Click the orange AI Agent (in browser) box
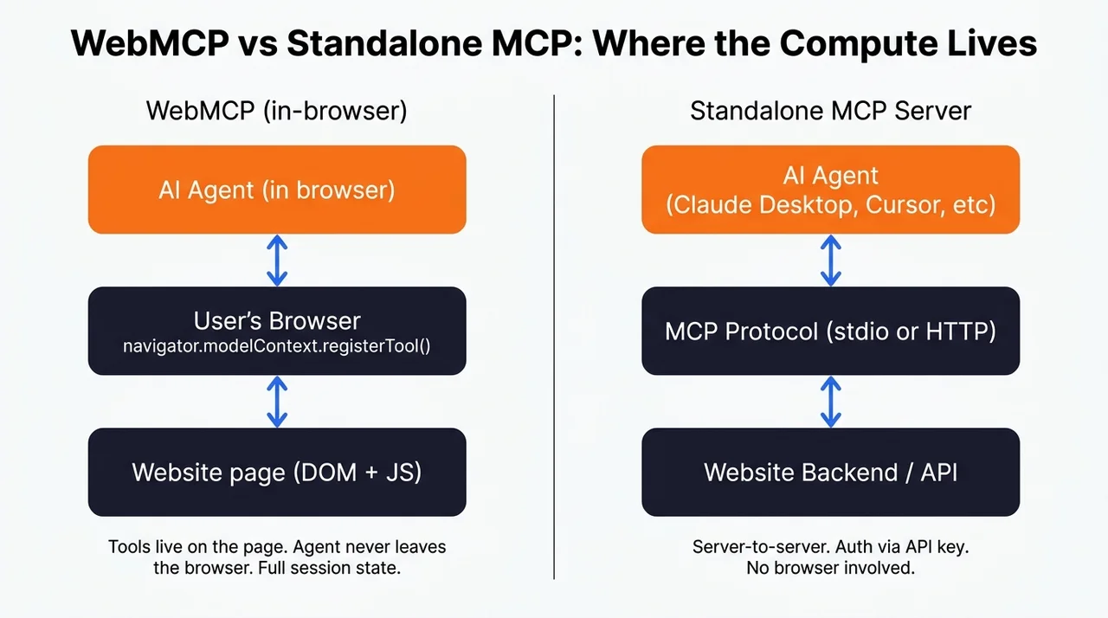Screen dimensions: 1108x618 tap(277, 190)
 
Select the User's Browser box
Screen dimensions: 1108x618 tap(277, 331)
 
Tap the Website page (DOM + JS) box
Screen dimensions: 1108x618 tap(277, 472)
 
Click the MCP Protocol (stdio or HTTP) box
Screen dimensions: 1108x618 tap(830, 331)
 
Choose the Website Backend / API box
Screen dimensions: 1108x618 tap(830, 472)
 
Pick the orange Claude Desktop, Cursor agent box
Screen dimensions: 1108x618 tap(830, 190)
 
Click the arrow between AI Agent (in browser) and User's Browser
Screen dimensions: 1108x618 tap(277, 261)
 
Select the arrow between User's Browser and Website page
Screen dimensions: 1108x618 tap(277, 402)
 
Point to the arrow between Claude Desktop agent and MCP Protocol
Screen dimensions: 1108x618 tap(831, 261)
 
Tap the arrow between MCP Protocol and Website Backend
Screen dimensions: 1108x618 tap(831, 402)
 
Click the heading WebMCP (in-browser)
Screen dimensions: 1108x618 tap(276, 111)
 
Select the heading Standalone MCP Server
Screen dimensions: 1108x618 tap(830, 110)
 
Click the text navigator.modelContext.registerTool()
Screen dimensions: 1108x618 tap(276, 346)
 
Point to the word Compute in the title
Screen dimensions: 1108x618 tap(858, 44)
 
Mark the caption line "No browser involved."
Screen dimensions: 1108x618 tap(830, 568)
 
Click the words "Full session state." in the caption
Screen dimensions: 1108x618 tap(329, 568)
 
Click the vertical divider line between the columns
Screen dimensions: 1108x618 tap(554, 337)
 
